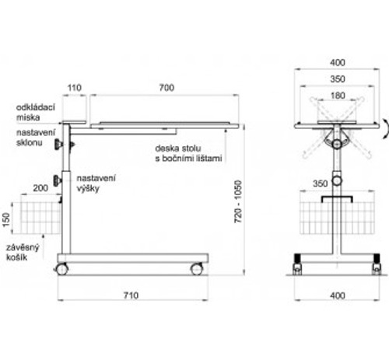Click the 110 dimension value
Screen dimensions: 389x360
click(75, 88)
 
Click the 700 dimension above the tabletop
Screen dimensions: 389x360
click(166, 88)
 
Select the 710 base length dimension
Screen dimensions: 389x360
click(131, 295)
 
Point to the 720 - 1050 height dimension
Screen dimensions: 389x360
click(238, 201)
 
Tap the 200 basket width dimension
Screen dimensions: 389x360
click(40, 188)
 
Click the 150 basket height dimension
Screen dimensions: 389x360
click(6, 219)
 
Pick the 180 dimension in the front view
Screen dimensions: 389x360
click(338, 96)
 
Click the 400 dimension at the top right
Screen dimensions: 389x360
click(338, 63)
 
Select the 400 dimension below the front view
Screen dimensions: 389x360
click(338, 295)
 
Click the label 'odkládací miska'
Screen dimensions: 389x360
click(36, 112)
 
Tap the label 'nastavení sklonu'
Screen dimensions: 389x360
click(36, 138)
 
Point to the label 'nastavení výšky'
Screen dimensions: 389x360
click(96, 183)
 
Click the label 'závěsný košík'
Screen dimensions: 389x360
click(23, 252)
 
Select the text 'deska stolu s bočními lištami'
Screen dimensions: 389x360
click(188, 153)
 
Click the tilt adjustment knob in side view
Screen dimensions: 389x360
click(58, 145)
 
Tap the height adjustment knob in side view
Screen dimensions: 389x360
click(58, 180)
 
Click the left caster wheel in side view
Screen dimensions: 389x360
click(62, 269)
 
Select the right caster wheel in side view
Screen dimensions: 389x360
click(197, 269)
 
